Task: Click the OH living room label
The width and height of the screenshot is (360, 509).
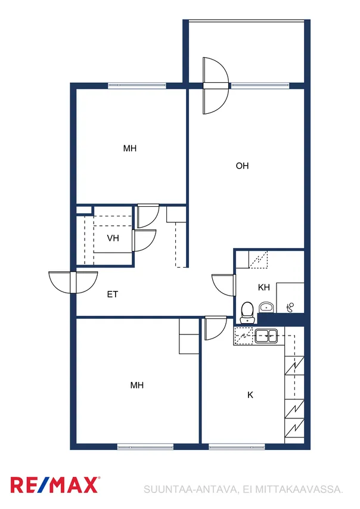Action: pyautogui.click(x=242, y=166)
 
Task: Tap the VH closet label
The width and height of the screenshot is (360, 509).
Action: pyautogui.click(x=113, y=238)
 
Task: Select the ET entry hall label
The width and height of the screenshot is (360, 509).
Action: pyautogui.click(x=112, y=294)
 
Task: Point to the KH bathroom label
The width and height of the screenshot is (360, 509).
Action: pyautogui.click(x=264, y=287)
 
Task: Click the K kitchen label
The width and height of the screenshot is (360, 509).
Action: pyautogui.click(x=250, y=395)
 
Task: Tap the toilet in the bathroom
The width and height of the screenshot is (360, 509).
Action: pyautogui.click(x=248, y=312)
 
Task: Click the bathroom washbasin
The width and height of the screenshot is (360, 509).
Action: pyautogui.click(x=266, y=307)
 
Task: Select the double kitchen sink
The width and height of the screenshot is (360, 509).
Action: pyautogui.click(x=266, y=336)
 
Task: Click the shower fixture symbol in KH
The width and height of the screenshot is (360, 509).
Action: pyautogui.click(x=290, y=307)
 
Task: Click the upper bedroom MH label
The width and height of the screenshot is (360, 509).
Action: pyautogui.click(x=130, y=148)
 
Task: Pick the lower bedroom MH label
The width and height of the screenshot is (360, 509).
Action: pyautogui.click(x=137, y=385)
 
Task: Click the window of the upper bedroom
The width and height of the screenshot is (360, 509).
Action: pyautogui.click(x=137, y=85)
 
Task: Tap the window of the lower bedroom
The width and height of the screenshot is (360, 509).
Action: pyautogui.click(x=145, y=447)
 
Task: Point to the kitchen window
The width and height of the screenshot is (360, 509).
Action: pyautogui.click(x=237, y=447)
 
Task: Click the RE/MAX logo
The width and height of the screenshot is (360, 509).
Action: pyautogui.click(x=54, y=485)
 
